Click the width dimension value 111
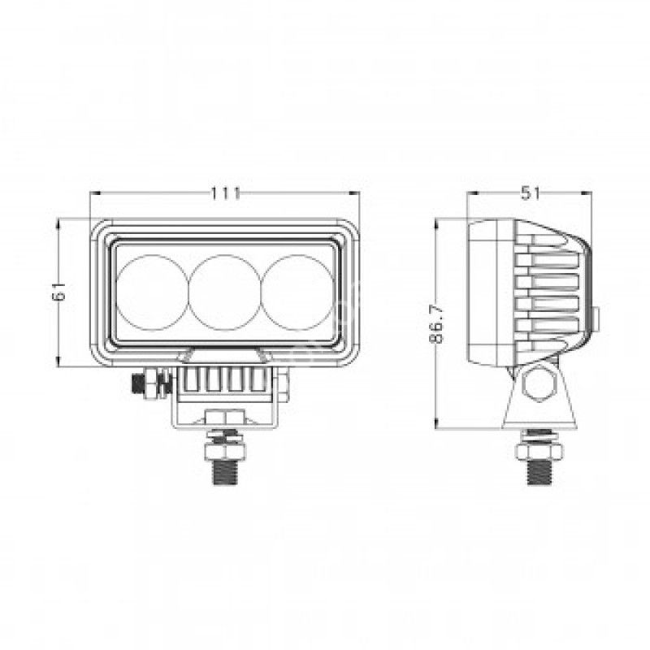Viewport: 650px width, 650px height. click(x=225, y=193)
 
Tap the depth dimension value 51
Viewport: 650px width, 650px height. click(x=530, y=193)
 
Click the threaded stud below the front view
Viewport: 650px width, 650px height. click(x=225, y=470)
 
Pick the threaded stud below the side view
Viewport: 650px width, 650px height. click(x=539, y=470)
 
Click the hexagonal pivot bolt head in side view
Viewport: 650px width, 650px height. click(x=539, y=384)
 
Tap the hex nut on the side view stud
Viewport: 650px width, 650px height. click(x=539, y=448)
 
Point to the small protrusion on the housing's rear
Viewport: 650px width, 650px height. click(x=595, y=318)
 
